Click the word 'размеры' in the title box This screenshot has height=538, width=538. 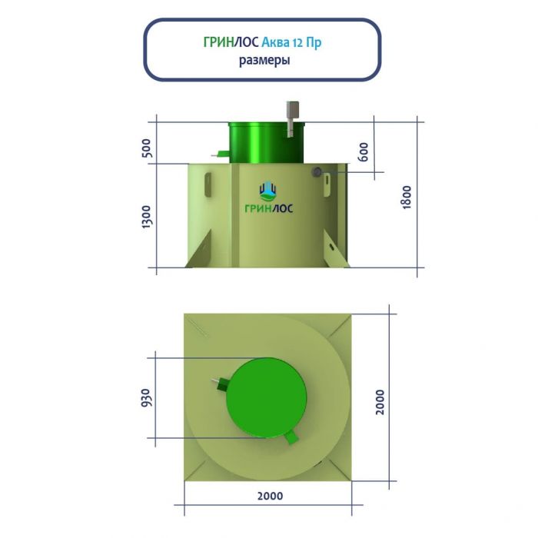264,61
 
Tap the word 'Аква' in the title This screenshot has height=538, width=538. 275,42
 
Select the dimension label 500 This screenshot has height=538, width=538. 146,148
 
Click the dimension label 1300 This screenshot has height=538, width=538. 146,217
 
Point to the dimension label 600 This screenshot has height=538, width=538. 363,151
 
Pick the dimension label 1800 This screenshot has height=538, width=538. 406,197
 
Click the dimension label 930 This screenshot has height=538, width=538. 146,397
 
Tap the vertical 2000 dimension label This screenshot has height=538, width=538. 380,402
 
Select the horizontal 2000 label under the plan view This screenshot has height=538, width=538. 270,496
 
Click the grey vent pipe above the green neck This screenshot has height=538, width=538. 291,118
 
